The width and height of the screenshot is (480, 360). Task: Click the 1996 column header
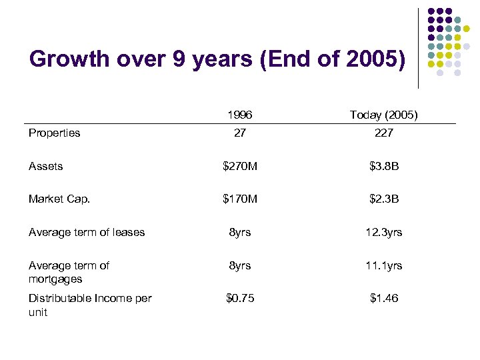[x=239, y=115]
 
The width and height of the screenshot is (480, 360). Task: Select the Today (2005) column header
[x=383, y=115]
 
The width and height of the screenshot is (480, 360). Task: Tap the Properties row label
[x=54, y=133]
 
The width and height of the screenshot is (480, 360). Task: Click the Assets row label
[x=45, y=166]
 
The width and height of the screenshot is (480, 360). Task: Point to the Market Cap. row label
[x=59, y=199]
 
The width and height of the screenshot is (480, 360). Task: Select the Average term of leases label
[x=86, y=232]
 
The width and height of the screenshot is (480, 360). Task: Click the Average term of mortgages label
[x=69, y=272]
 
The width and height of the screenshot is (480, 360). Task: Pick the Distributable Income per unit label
[x=90, y=305]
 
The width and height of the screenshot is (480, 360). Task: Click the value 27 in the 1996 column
[x=239, y=133]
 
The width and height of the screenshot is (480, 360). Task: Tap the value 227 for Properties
[x=383, y=133]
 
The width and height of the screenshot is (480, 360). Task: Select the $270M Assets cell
[x=239, y=166]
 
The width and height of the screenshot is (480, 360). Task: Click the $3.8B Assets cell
[x=383, y=166]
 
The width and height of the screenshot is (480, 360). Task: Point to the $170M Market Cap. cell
[x=239, y=199]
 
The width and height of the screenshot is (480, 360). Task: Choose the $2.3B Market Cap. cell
[x=383, y=199]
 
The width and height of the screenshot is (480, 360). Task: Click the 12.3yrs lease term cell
[x=383, y=232]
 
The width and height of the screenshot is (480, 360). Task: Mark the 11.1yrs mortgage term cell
[x=383, y=265]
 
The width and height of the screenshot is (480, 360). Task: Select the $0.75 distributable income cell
[x=239, y=298]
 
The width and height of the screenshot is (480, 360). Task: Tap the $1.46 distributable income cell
[x=383, y=298]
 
